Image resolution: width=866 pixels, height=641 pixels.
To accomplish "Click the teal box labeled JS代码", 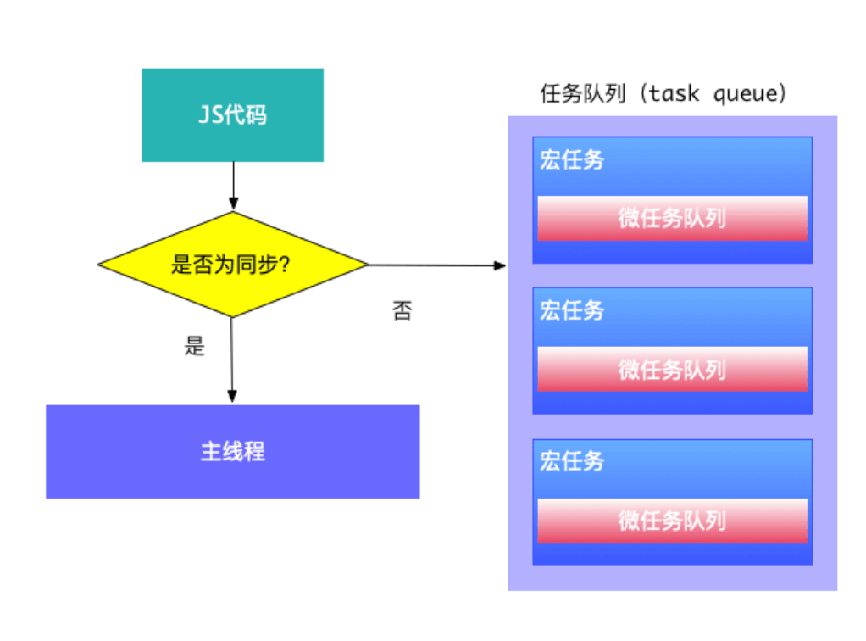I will pyautogui.click(x=232, y=114).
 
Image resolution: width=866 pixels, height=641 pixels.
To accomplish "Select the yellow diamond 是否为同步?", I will pyautogui.click(x=232, y=265).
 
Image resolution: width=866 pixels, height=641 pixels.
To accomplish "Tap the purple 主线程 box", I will pyautogui.click(x=232, y=451).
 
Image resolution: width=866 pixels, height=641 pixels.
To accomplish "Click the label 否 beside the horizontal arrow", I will pyautogui.click(x=402, y=310).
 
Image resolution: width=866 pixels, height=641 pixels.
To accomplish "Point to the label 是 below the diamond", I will pyautogui.click(x=195, y=346).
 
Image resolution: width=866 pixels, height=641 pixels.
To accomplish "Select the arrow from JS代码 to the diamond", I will pyautogui.click(x=232, y=186).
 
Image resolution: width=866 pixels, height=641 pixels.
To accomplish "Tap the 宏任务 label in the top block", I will pyautogui.click(x=572, y=159).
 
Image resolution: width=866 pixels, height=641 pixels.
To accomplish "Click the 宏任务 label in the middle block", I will pyautogui.click(x=572, y=310).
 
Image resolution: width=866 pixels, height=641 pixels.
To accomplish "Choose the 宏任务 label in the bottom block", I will pyautogui.click(x=572, y=461).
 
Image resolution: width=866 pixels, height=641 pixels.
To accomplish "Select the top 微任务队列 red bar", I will pyautogui.click(x=672, y=218).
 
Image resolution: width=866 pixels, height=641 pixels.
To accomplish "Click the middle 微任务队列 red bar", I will pyautogui.click(x=672, y=370).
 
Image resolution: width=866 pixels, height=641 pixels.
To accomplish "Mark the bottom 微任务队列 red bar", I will pyautogui.click(x=672, y=521).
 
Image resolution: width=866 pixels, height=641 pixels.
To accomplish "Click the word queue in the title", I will pyautogui.click(x=745, y=94).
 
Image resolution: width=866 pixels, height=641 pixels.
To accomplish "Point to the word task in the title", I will pyautogui.click(x=674, y=94).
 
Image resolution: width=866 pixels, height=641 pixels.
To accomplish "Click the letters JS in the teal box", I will pyautogui.click(x=209, y=114).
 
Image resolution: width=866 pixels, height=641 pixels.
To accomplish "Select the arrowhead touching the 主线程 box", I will pyautogui.click(x=232, y=397).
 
